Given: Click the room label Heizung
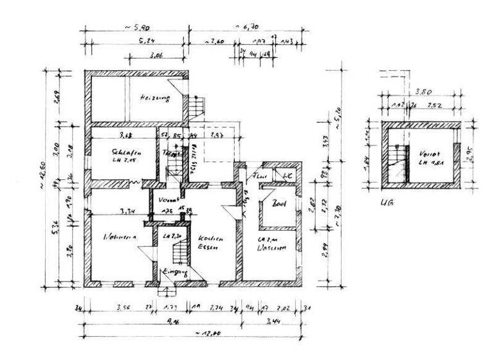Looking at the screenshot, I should click(x=154, y=99).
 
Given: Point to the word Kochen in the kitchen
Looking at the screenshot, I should click(x=210, y=238).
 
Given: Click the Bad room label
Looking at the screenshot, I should click(x=279, y=205).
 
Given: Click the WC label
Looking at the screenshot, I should click(x=284, y=174).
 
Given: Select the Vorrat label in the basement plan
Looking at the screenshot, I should click(x=428, y=155).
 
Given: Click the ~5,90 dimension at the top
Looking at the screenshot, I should click(x=136, y=28).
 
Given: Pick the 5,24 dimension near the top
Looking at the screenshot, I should click(x=147, y=40).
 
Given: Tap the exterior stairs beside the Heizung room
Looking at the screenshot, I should click(x=198, y=106).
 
